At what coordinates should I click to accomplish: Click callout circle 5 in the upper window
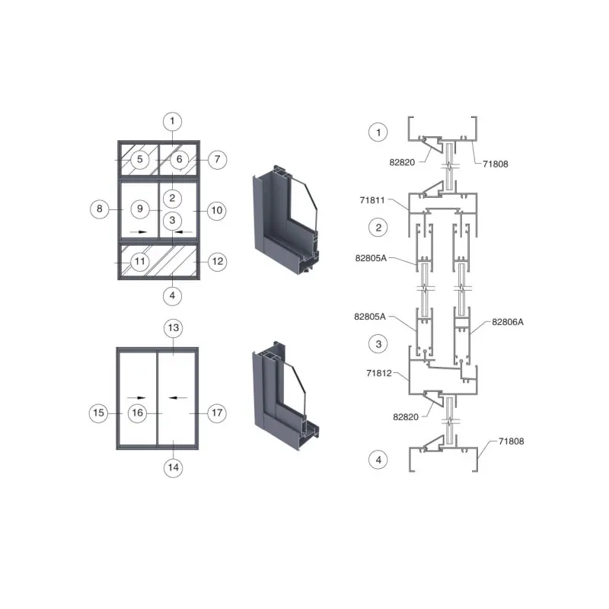(140, 159)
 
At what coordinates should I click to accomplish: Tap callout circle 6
(179, 159)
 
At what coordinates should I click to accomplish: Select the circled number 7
(217, 159)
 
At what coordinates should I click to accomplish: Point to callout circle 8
(100, 209)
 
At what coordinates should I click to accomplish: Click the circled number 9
(140, 209)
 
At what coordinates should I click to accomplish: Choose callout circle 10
(217, 211)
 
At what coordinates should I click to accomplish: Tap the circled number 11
(140, 261)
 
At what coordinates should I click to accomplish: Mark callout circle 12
(218, 261)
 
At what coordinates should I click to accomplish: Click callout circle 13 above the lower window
(174, 328)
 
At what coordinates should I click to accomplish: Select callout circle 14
(174, 467)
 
